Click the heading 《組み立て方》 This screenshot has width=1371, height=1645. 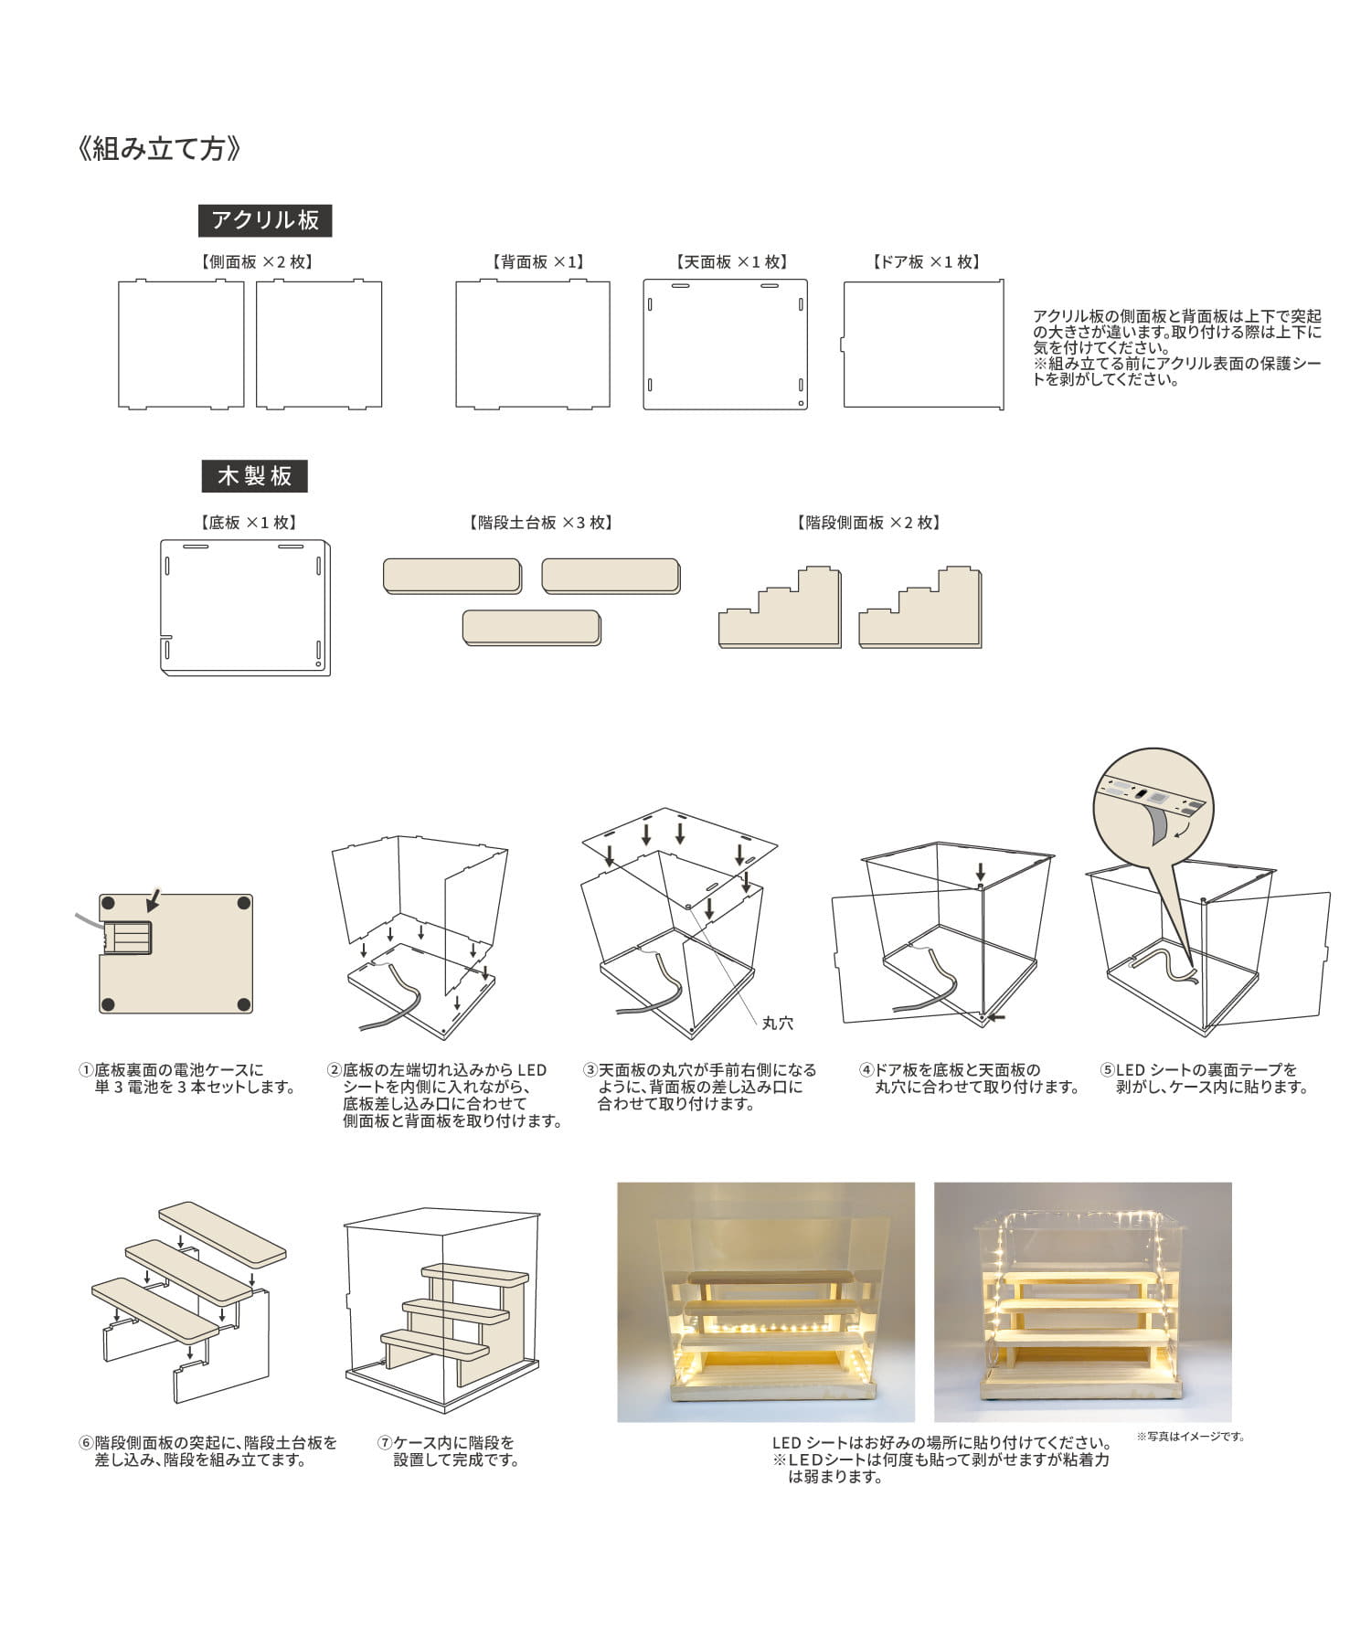161,149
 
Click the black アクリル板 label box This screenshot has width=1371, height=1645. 265,220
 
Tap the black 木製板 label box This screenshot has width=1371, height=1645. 254,476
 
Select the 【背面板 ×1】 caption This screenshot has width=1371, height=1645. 537,262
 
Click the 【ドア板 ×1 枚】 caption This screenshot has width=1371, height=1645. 926,262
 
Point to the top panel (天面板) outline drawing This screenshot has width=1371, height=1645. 725,344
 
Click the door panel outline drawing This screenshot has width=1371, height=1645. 923,344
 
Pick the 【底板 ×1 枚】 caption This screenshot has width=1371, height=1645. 248,523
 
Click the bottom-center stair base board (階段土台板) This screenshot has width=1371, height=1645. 531,629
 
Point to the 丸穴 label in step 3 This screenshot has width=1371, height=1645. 777,1024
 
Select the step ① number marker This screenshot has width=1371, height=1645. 86,1070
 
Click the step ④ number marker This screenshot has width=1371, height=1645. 866,1070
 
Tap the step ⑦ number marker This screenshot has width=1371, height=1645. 385,1443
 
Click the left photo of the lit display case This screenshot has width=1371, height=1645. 765,1301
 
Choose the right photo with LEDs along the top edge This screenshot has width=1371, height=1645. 1082,1301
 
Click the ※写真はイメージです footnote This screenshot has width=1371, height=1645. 1190,1437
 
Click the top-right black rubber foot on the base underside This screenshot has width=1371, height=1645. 243,903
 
